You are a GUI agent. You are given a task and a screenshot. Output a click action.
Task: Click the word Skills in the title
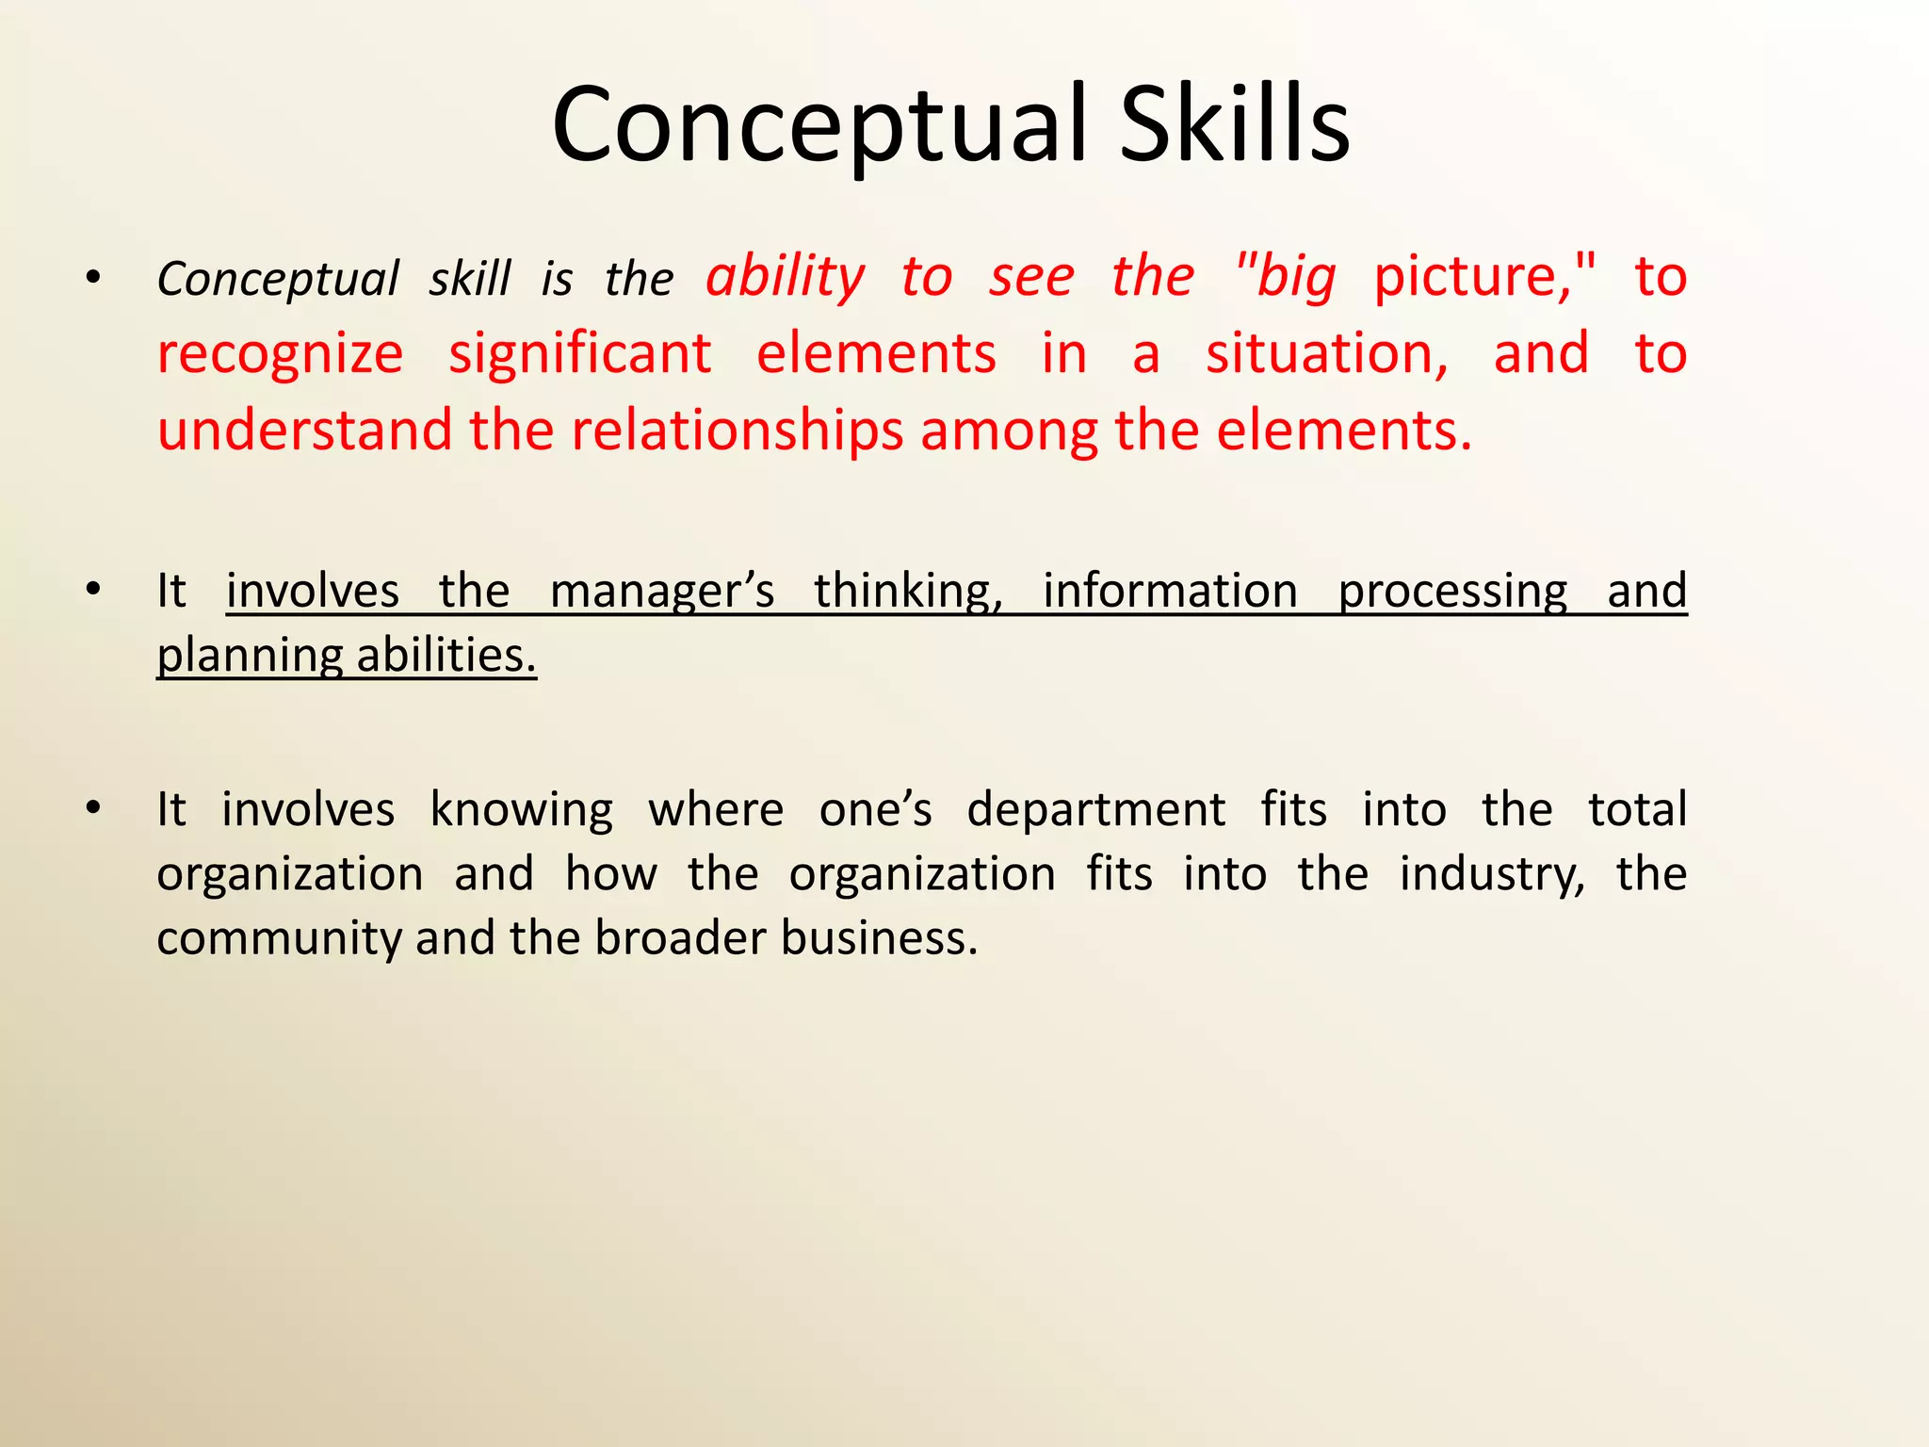1235,125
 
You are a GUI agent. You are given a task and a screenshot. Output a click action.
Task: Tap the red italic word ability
786,278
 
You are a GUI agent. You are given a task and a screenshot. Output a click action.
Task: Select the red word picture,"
1484,278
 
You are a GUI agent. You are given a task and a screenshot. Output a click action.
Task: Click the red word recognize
280,355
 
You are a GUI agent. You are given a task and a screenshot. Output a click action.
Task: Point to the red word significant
579,354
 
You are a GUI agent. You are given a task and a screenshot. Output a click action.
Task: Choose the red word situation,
1327,354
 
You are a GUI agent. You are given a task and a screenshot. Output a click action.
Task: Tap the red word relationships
737,431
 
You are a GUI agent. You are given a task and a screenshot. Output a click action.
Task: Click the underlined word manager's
661,592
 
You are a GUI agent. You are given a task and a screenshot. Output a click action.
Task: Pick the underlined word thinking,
908,592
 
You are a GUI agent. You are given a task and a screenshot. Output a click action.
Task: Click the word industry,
1492,875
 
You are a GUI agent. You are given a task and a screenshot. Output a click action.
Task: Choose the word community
279,939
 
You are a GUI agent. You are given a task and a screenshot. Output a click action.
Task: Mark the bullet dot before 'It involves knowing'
92,808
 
